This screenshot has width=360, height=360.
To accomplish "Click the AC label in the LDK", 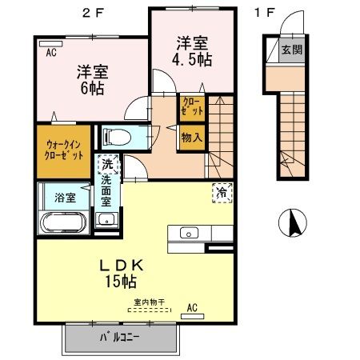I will [x=192, y=306].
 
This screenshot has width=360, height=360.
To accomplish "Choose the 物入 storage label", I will [x=192, y=138].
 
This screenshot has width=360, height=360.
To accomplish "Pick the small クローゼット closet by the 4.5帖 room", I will [x=192, y=106].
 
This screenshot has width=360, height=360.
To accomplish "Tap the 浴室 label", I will [x=64, y=194].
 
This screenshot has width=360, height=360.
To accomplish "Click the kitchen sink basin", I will [x=189, y=234].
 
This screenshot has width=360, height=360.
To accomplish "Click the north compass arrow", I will [x=293, y=221].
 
